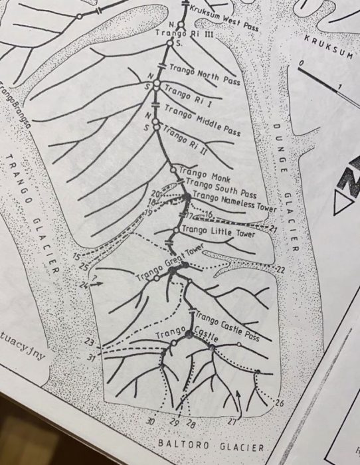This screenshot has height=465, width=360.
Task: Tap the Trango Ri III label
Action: click(x=183, y=33)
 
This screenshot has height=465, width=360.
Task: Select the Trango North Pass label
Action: click(x=204, y=74)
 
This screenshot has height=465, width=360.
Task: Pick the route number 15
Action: click(x=76, y=256)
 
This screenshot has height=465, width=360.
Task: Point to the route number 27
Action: click(x=232, y=421)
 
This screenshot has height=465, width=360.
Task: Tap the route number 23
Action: click(x=90, y=341)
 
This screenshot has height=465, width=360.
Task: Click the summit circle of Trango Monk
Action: click(x=173, y=170)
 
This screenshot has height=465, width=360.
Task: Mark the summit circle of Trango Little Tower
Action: click(x=176, y=230)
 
